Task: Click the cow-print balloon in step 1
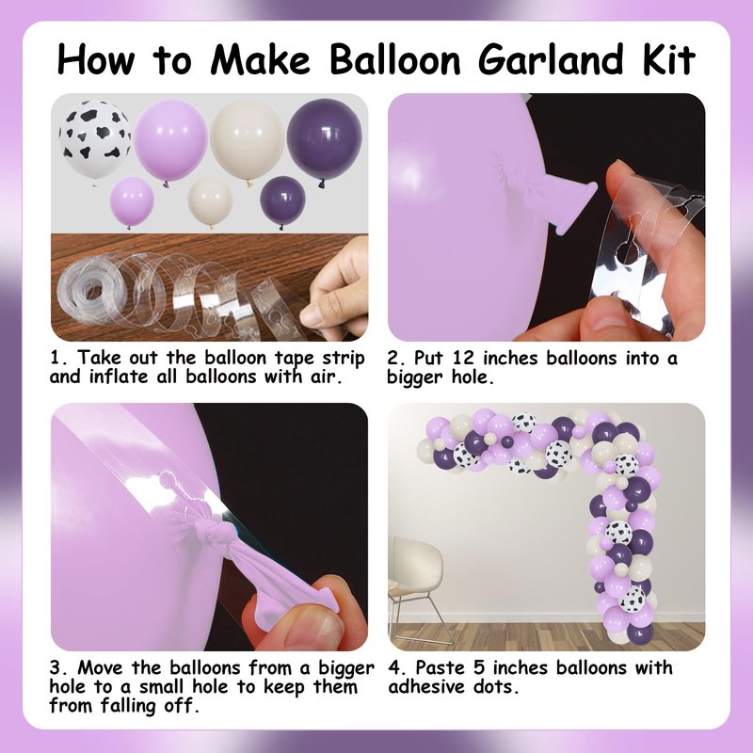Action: pyautogui.click(x=95, y=139)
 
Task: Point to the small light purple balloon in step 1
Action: pyautogui.click(x=132, y=201)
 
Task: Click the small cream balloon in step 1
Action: pyautogui.click(x=210, y=201)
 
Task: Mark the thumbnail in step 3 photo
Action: pyautogui.click(x=321, y=627)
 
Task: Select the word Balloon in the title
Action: pyautogui.click(x=395, y=59)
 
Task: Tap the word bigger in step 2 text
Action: pyautogui.click(x=414, y=378)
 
